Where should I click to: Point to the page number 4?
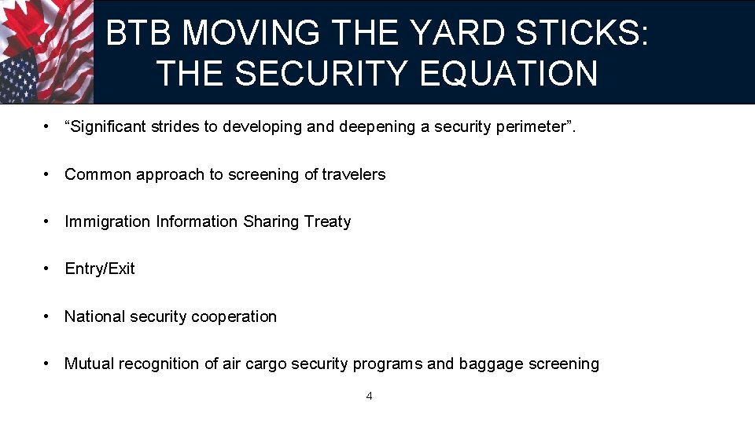[x=370, y=396]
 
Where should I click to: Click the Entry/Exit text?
[x=100, y=269]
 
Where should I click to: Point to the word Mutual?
[x=88, y=364]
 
